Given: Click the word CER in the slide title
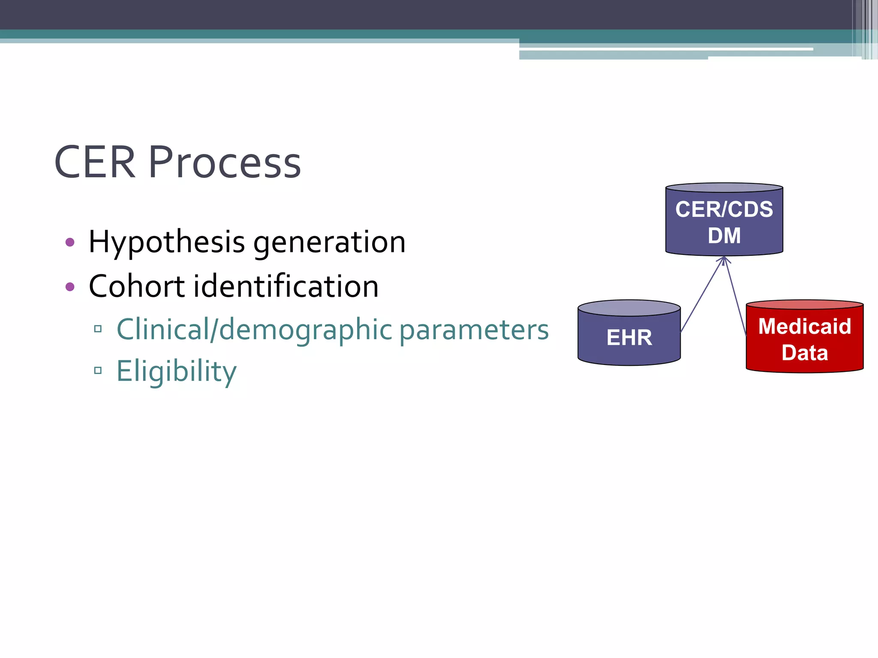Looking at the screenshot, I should tap(95, 162).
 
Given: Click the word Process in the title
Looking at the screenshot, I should tap(225, 162).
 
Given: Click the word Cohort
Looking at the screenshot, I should tap(137, 286).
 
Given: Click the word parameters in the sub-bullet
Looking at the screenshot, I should tap(474, 330).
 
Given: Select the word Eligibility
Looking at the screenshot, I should tap(176, 371).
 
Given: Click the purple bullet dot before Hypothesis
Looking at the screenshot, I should tap(70, 242).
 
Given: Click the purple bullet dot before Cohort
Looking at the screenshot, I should tap(70, 287).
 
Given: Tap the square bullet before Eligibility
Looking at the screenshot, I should tap(98, 370).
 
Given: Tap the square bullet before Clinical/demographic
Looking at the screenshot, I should tap(98, 329).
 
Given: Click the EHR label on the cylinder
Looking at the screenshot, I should tap(629, 338).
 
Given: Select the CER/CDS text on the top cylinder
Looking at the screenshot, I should tap(724, 209).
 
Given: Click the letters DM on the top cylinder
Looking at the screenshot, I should tap(724, 236).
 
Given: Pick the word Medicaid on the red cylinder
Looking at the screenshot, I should tap(805, 326).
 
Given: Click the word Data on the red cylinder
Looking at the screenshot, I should tap(805, 353).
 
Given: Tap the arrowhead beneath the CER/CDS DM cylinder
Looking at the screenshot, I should tap(724, 260).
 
